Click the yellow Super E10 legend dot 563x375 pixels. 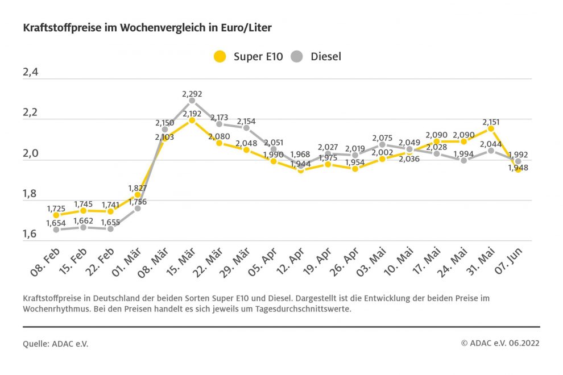pos(220,57)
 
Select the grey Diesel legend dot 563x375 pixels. pos(296,57)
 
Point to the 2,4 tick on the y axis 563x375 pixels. pos(31,73)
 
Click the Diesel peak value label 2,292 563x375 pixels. pos(192,94)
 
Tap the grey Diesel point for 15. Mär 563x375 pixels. pos(192,101)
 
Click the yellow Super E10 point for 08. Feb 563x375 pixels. pos(56,215)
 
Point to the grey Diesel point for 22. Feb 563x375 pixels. pos(110,228)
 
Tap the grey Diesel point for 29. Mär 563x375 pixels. pos(246,128)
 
